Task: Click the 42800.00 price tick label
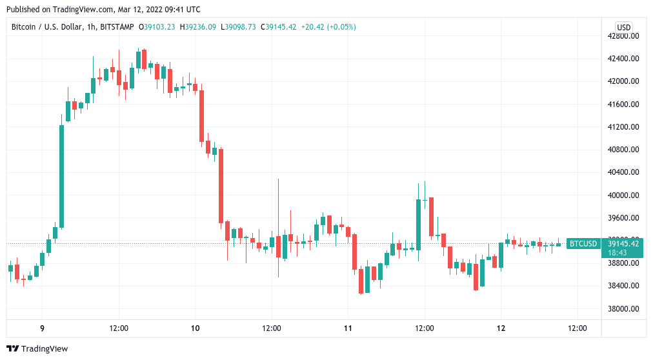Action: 623,36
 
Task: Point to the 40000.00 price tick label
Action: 623,195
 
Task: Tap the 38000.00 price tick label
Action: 623,308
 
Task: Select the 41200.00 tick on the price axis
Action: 623,127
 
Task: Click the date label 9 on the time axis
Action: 43,328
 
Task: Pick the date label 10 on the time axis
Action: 196,328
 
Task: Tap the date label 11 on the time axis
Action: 348,328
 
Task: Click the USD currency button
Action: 623,27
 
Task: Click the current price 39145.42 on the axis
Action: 623,243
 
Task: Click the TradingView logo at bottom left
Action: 37,348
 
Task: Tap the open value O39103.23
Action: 159,27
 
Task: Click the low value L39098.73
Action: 238,27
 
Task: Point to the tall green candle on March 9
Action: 61,176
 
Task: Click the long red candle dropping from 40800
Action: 221,186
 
